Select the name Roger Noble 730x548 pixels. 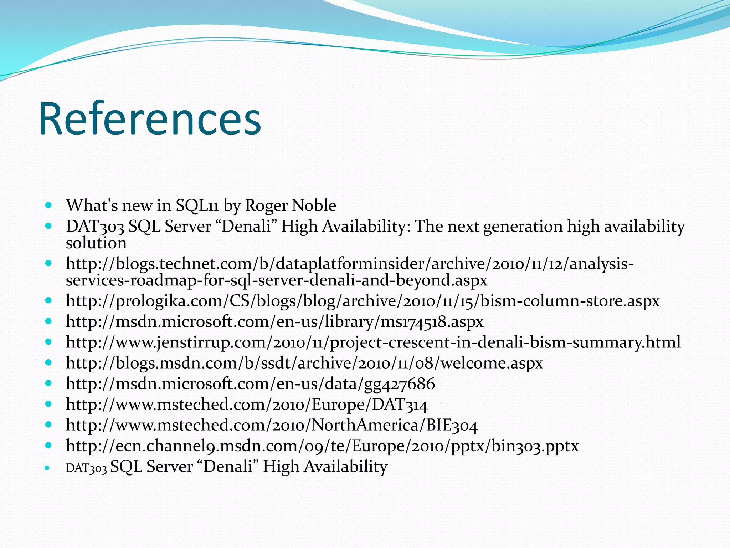click(290, 205)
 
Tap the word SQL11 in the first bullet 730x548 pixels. click(197, 205)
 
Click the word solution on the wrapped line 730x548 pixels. click(96, 243)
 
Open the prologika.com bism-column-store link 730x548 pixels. click(363, 301)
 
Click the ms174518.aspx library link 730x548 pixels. click(274, 321)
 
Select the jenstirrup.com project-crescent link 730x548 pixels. click(373, 342)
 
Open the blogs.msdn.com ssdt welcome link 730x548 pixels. click(304, 363)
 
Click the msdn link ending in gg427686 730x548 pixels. click(250, 384)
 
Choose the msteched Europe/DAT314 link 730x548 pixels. click(247, 404)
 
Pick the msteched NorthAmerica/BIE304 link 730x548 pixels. click(272, 425)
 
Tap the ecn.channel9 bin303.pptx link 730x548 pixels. click(322, 446)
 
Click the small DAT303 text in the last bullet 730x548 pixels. click(86, 468)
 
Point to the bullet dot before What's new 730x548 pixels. click(49, 205)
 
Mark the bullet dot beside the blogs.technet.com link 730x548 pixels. click(49, 264)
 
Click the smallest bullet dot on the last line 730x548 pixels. click(48, 467)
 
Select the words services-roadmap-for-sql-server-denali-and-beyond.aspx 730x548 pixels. click(276, 280)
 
